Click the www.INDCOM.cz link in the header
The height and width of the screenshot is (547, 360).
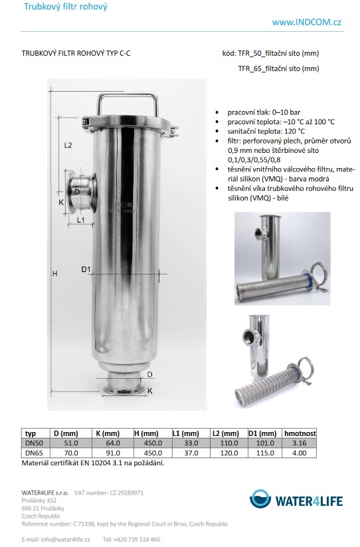306,23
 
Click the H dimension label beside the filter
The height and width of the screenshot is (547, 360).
54,274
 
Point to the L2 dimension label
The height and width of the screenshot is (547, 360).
68,145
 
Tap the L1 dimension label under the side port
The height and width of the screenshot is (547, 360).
80,220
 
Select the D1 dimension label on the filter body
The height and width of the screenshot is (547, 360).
86,269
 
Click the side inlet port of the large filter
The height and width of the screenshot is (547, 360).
82,191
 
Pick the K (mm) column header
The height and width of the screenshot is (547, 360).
108,433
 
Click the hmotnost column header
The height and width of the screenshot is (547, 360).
300,433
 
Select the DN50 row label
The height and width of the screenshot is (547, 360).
34,443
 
